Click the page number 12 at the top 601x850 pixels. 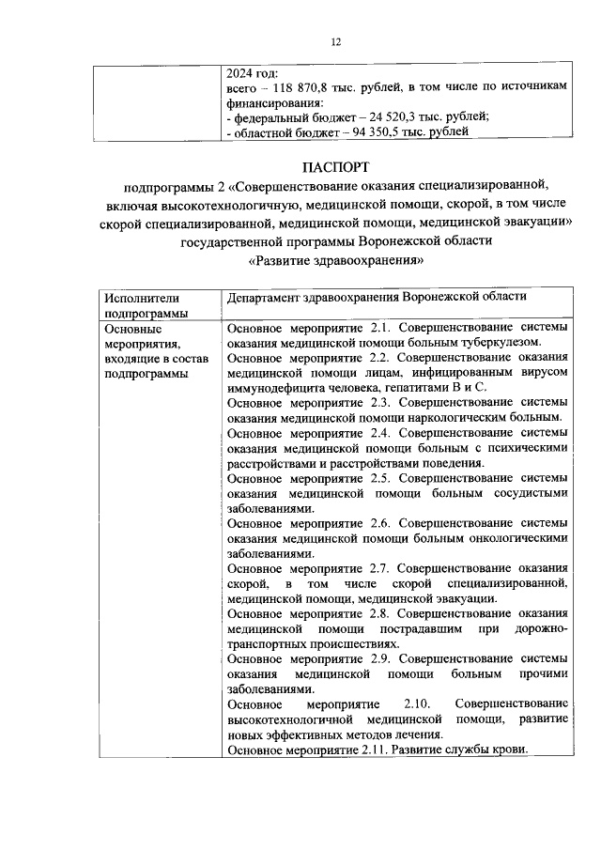click(335, 41)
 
